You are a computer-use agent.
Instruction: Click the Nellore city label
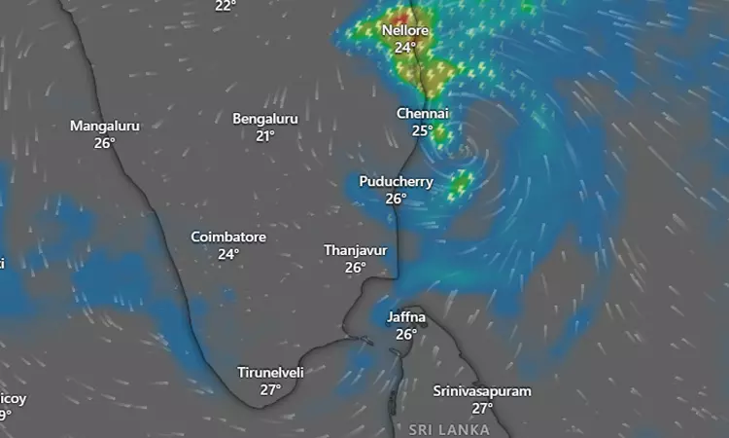[x=404, y=30]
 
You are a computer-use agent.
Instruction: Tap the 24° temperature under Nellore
[x=404, y=47]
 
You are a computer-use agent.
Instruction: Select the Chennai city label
[x=422, y=114]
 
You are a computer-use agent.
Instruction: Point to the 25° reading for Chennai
[x=422, y=130]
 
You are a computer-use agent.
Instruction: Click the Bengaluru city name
[x=265, y=119]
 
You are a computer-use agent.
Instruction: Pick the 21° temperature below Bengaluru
[x=265, y=135]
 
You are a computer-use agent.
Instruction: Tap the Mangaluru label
[x=105, y=127]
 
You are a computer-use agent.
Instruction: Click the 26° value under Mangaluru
[x=105, y=143]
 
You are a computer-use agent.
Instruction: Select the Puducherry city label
[x=396, y=182]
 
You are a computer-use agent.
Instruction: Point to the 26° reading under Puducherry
[x=396, y=199]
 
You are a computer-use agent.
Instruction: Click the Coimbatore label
[x=228, y=237]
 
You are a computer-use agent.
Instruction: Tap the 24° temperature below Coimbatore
[x=228, y=254]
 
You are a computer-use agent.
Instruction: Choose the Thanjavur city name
[x=355, y=250]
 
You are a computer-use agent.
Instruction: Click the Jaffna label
[x=405, y=317]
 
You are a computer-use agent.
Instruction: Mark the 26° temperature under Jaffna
[x=405, y=334]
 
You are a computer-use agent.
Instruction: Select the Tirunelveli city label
[x=271, y=373]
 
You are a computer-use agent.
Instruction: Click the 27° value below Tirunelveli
[x=271, y=389]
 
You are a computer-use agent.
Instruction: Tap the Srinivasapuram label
[x=482, y=391]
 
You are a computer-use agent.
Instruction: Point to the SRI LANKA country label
[x=448, y=429]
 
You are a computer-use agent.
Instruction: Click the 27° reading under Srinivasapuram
[x=482, y=408]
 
